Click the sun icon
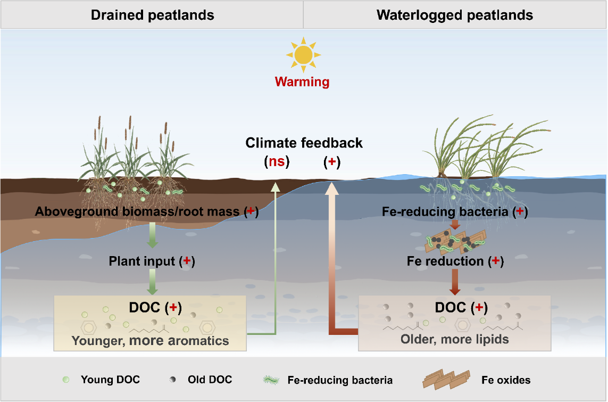303,55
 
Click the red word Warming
302,82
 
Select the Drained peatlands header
152,15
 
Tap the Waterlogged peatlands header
454,15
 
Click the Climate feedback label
304,143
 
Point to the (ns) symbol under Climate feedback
277,161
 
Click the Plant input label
152,261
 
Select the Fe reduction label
455,261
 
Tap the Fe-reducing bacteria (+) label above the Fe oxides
455,211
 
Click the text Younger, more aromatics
151,341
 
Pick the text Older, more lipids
454,339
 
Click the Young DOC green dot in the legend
66,380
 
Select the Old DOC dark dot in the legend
172,380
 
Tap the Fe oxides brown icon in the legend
446,380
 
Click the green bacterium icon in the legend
271,380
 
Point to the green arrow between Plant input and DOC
152,282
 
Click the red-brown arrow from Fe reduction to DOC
454,282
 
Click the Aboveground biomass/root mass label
147,211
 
